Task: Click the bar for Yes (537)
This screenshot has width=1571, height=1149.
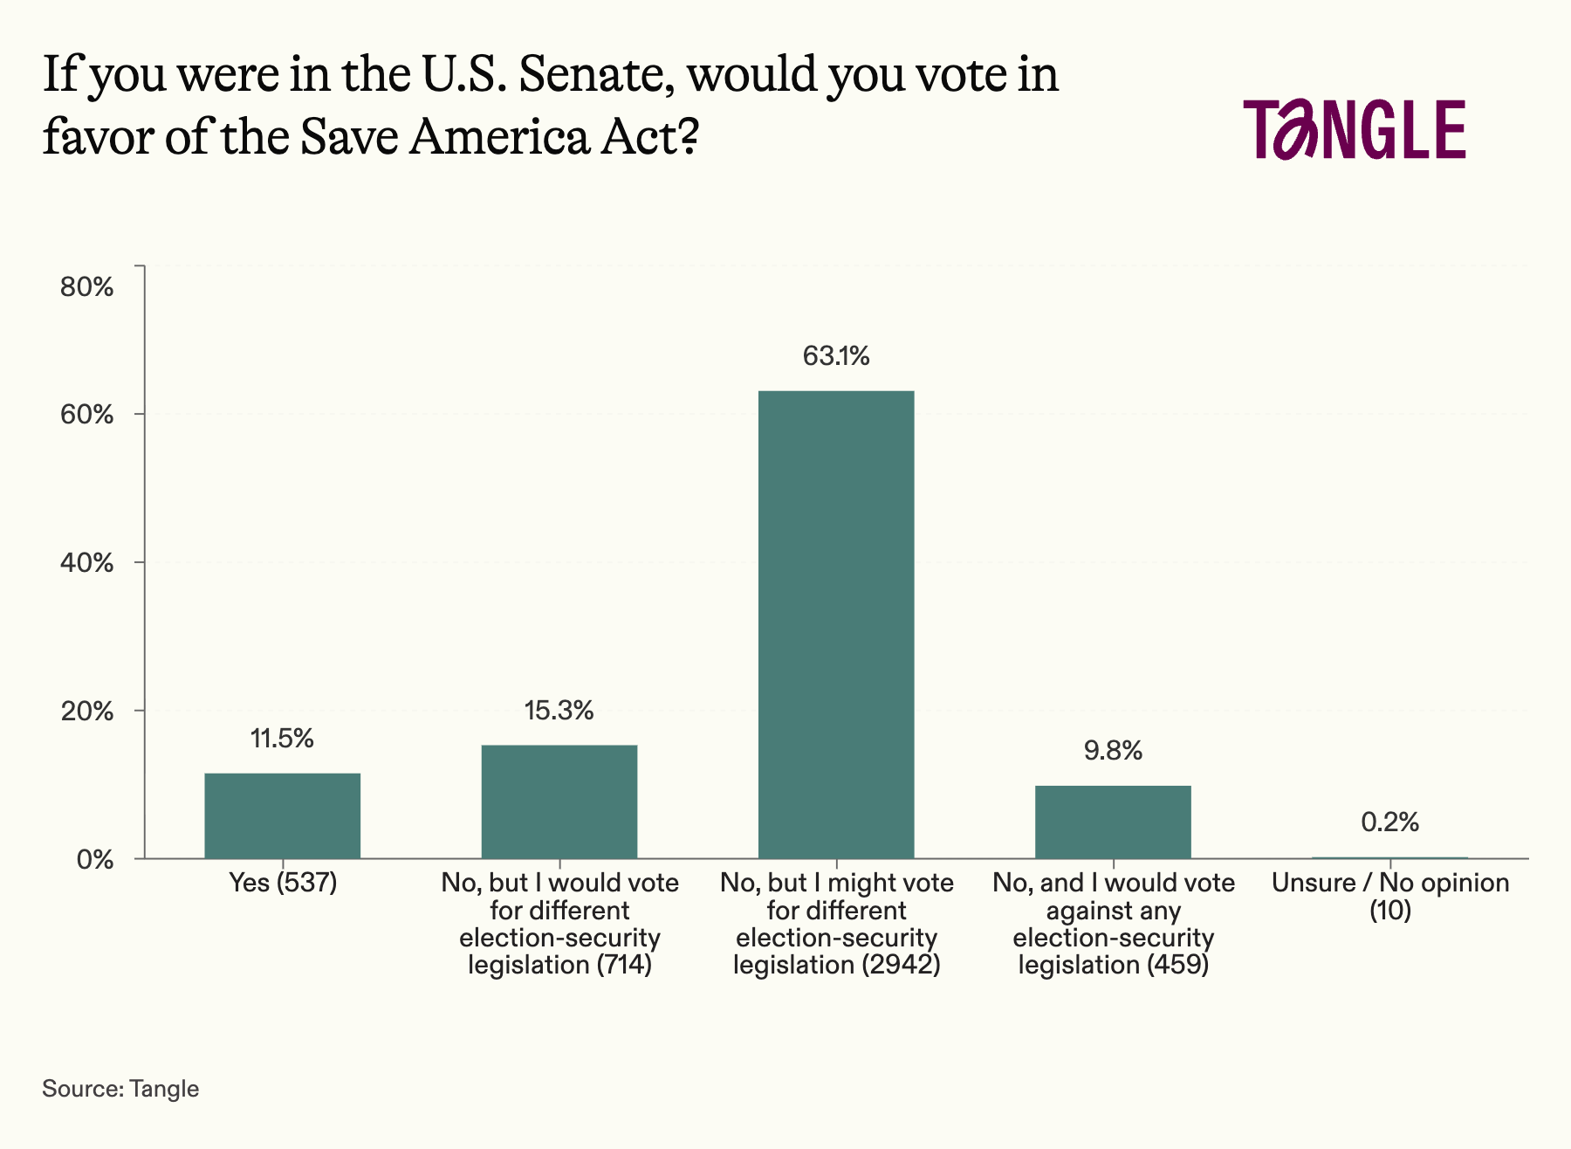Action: [x=282, y=815]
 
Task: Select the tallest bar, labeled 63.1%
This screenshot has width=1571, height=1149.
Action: [x=836, y=624]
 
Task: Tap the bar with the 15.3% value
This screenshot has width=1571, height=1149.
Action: [x=559, y=802]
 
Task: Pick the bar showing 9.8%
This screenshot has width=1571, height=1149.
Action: [x=1113, y=822]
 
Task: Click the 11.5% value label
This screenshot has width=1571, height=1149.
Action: [x=282, y=739]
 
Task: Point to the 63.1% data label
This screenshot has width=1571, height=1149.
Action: [x=836, y=356]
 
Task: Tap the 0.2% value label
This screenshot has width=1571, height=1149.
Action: [x=1389, y=822]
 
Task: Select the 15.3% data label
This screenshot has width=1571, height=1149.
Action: [x=559, y=711]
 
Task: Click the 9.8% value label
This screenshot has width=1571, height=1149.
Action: [x=1113, y=751]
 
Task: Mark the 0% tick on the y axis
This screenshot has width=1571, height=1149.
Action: [x=95, y=859]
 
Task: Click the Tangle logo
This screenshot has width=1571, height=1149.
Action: [x=1355, y=129]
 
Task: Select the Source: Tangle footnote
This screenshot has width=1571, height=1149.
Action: [x=120, y=1089]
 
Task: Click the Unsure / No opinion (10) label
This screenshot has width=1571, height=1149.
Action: [x=1389, y=897]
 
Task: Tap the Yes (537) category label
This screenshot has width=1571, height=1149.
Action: [x=282, y=883]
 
